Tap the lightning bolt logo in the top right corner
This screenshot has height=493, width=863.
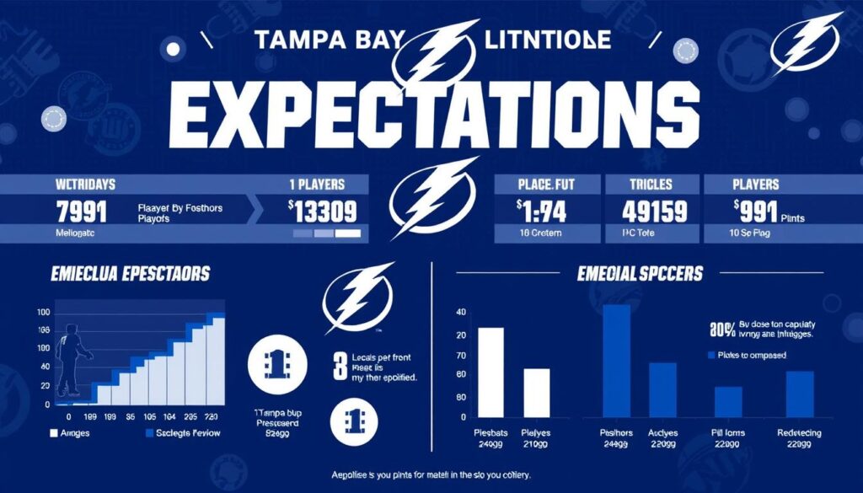click(808, 42)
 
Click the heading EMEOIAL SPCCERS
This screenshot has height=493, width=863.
click(641, 274)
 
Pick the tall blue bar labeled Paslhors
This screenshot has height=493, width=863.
click(616, 362)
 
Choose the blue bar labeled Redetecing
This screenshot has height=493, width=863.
click(799, 395)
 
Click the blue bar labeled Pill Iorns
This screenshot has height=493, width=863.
click(728, 402)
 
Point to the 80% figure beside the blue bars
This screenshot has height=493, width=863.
click(721, 329)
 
